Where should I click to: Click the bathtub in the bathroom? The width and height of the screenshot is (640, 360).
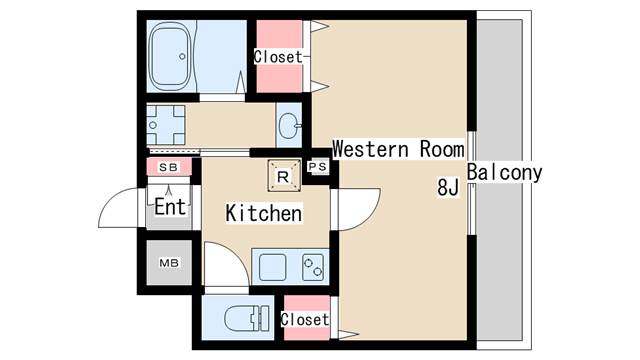click(x=170, y=56)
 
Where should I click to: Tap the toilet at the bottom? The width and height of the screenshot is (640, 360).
click(x=247, y=318)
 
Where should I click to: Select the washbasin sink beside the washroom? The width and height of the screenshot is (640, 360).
click(x=289, y=125)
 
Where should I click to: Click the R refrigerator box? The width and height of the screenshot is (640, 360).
click(x=284, y=176)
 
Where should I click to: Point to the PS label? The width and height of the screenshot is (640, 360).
click(x=318, y=167)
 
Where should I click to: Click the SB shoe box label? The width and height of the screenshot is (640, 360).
click(x=169, y=167)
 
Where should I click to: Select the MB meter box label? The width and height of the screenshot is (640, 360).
click(x=169, y=263)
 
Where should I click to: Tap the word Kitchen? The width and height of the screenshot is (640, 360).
click(x=264, y=213)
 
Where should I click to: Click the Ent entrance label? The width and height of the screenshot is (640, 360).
click(x=170, y=207)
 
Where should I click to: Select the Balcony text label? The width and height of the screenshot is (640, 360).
click(x=504, y=173)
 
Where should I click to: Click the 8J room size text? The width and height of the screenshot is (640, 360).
click(x=448, y=187)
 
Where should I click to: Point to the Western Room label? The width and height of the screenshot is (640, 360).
click(x=398, y=149)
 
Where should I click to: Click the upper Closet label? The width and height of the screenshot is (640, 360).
click(x=278, y=57)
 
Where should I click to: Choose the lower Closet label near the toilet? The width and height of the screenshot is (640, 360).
click(x=305, y=320)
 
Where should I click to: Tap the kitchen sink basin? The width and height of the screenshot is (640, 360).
click(x=272, y=267)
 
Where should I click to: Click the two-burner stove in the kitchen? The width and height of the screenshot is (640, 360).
click(x=313, y=267)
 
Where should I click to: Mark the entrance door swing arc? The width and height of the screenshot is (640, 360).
click(x=109, y=199)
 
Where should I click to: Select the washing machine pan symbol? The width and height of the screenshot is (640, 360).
click(x=166, y=125)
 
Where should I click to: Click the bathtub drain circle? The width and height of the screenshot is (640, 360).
click(x=182, y=56)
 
